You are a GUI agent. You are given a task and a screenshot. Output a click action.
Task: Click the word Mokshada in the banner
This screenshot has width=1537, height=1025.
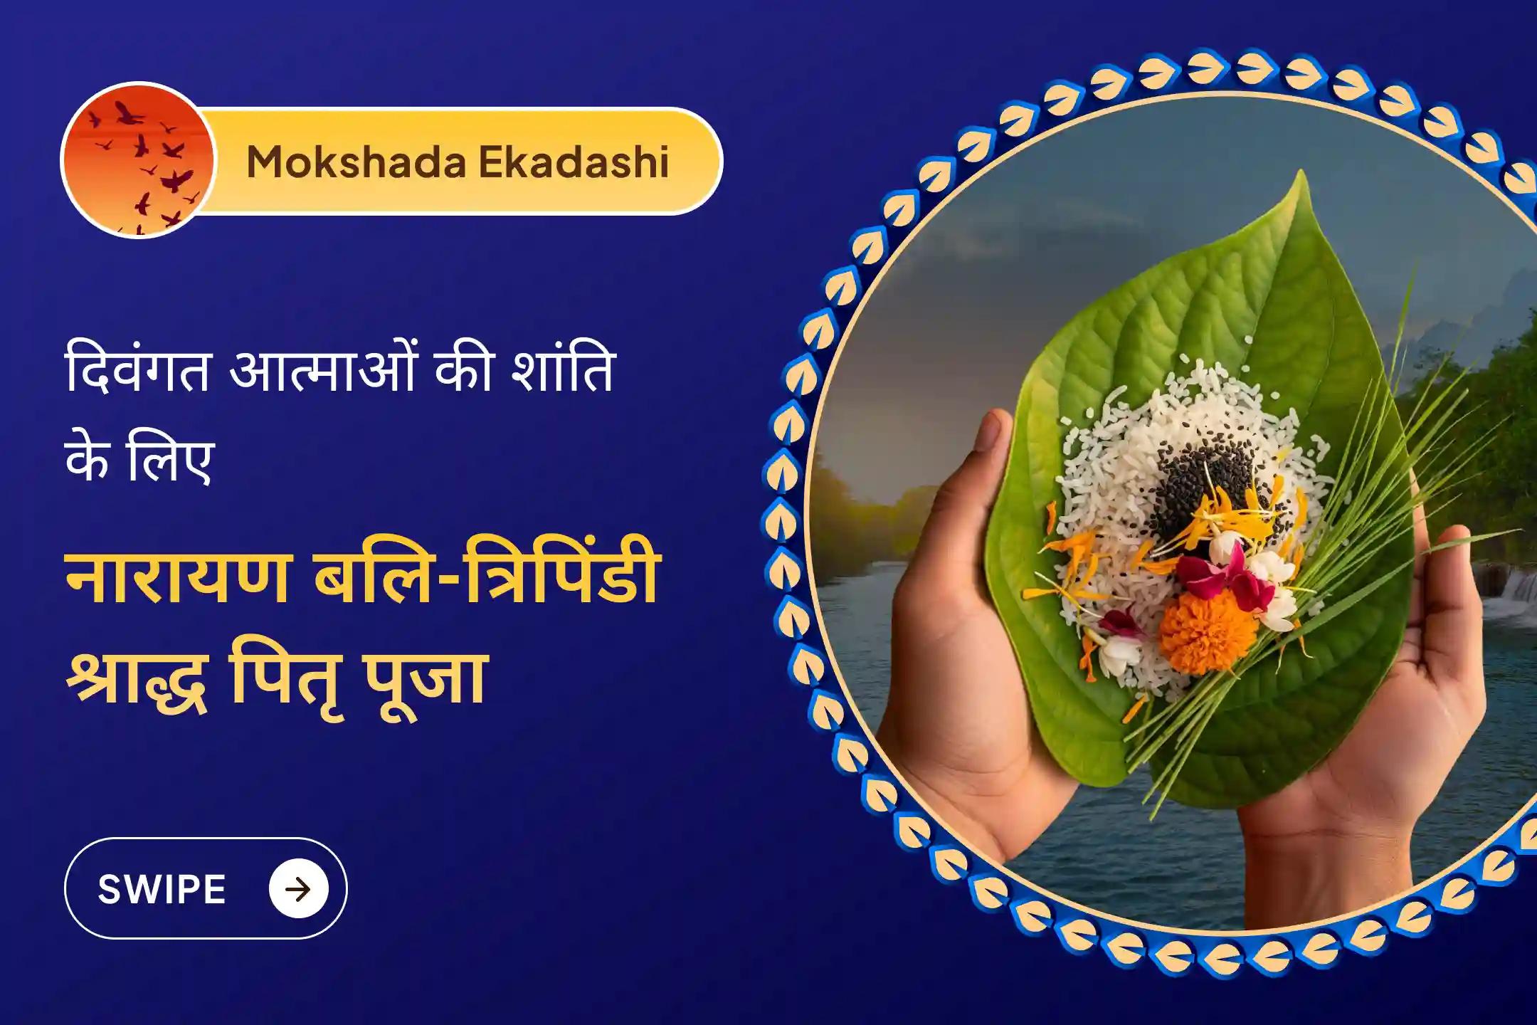pyautogui.click(x=356, y=162)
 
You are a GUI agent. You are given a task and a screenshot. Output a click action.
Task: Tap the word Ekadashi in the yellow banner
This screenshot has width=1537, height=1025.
pyautogui.click(x=574, y=162)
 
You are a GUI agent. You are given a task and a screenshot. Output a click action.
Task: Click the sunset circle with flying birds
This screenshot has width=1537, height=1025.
pyautogui.click(x=138, y=160)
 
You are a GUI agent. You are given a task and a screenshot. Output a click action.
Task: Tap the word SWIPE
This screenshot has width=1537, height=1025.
pyautogui.click(x=162, y=890)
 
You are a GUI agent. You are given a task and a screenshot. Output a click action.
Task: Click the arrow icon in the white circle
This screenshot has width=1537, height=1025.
pyautogui.click(x=298, y=889)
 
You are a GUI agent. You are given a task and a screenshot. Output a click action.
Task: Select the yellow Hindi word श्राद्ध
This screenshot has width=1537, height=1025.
pyautogui.click(x=137, y=676)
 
